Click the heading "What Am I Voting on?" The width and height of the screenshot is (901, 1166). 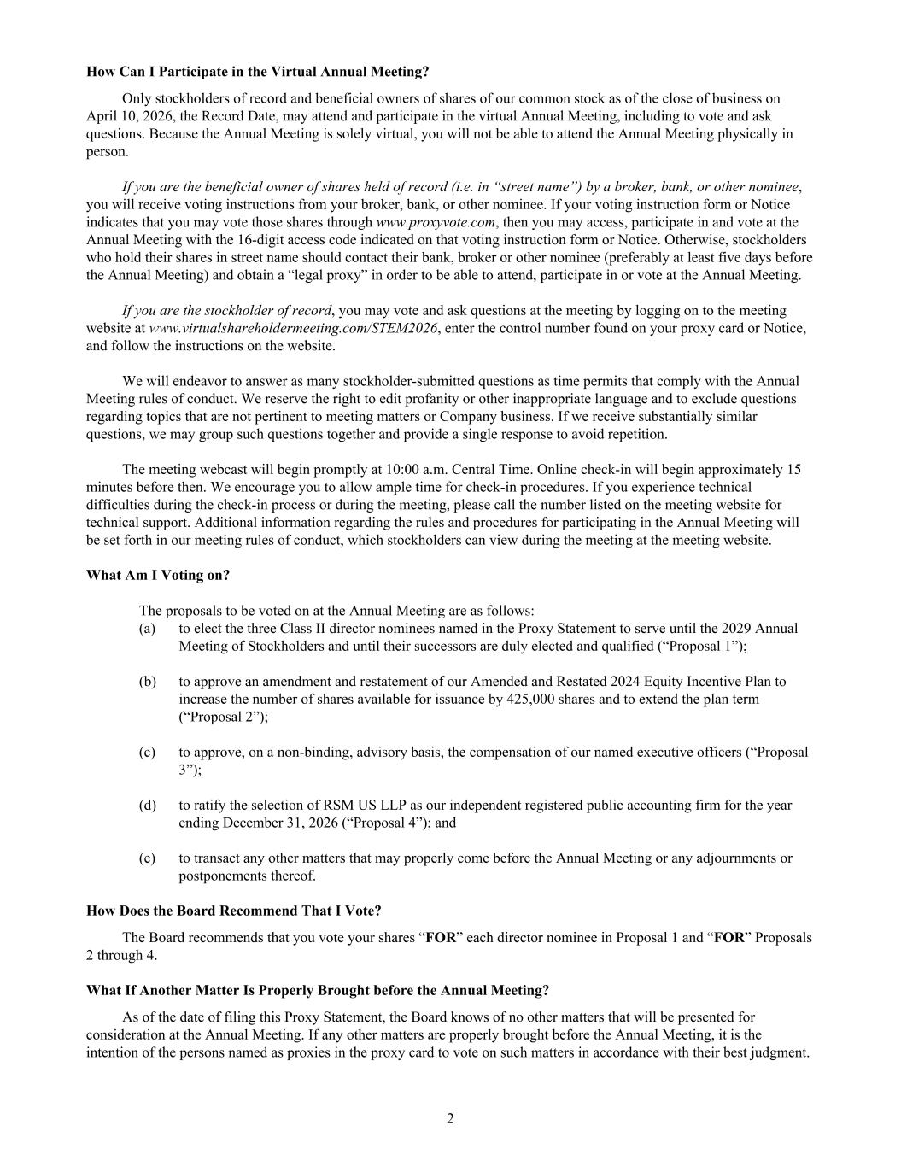coord(158,575)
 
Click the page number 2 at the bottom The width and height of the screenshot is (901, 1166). coord(450,1119)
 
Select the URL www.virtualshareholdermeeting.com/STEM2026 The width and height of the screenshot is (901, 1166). coord(293,328)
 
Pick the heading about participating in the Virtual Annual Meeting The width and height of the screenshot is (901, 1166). coord(258,72)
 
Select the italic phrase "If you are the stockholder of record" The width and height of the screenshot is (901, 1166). coord(225,310)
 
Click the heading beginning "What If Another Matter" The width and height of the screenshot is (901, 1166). coord(318,990)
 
